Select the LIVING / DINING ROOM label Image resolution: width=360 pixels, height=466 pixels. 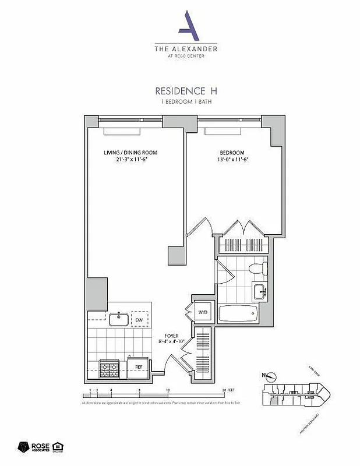pyautogui.click(x=130, y=153)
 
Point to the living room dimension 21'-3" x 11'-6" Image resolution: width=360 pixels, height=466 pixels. pyautogui.click(x=130, y=160)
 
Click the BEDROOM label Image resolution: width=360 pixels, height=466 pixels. pyautogui.click(x=232, y=153)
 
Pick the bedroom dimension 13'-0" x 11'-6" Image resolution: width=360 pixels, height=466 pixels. pyautogui.click(x=232, y=160)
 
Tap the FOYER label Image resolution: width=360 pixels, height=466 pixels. pyautogui.click(x=171, y=335)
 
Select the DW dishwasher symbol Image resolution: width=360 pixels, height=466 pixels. pyautogui.click(x=140, y=320)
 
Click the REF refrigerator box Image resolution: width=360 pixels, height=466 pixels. pyautogui.click(x=139, y=366)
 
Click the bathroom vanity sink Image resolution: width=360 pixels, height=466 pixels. pyautogui.click(x=259, y=291)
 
